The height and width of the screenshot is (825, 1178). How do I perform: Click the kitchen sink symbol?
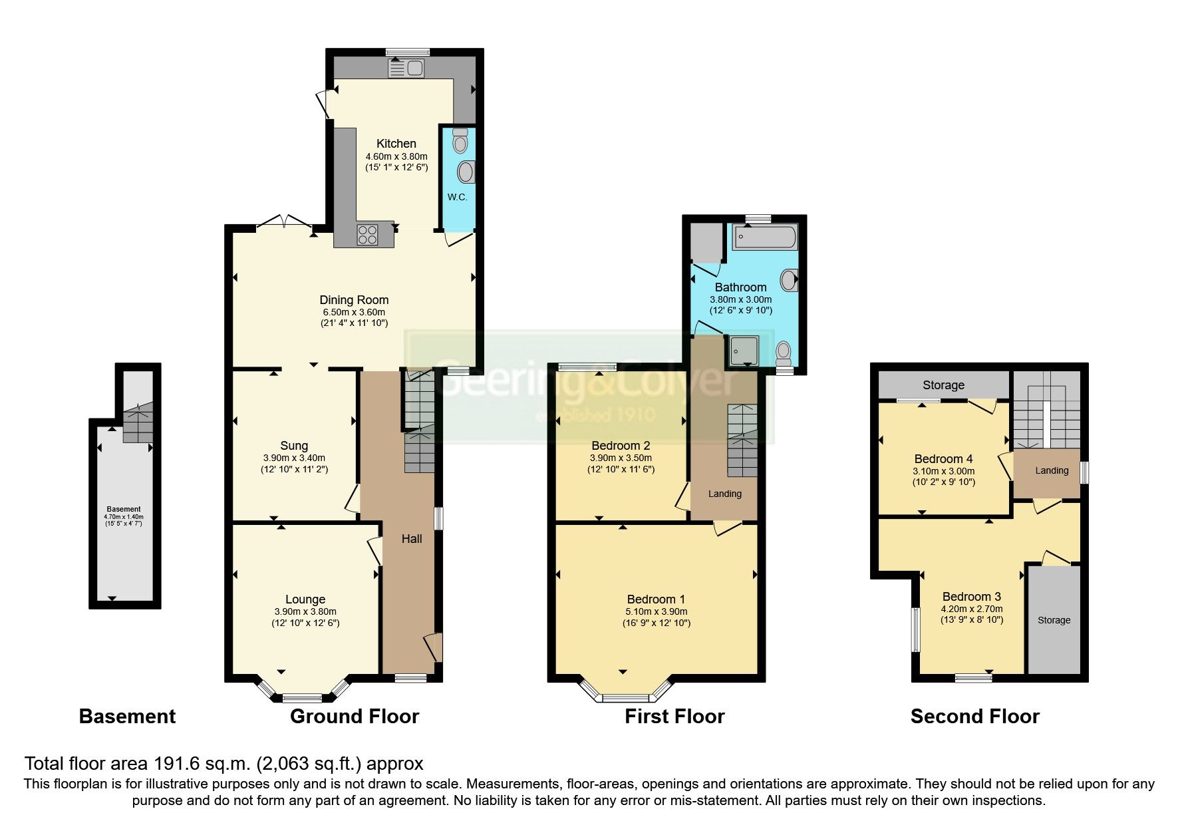click(x=407, y=68)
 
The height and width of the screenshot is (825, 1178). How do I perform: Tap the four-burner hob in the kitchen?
click(x=367, y=235)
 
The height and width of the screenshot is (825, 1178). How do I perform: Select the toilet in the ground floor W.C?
click(x=460, y=140)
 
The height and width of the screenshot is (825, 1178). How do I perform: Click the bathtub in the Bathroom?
click(x=765, y=238)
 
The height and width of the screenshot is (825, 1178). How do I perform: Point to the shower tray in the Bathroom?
click(x=744, y=351)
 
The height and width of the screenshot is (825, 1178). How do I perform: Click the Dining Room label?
click(x=354, y=300)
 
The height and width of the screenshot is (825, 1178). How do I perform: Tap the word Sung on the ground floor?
click(x=294, y=446)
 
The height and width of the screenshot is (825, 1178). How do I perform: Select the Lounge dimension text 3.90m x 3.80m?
click(x=305, y=611)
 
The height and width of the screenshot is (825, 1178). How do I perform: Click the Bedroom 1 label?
click(x=656, y=599)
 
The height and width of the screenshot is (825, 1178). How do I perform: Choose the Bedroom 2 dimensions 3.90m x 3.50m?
click(x=621, y=458)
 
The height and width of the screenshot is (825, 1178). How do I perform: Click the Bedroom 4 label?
click(x=943, y=459)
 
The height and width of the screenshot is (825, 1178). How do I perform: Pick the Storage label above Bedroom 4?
click(x=943, y=385)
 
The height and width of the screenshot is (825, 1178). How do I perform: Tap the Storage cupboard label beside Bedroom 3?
click(x=1054, y=620)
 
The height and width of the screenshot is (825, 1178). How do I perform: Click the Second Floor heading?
click(x=974, y=717)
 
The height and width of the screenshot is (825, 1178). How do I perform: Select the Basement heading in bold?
click(x=127, y=717)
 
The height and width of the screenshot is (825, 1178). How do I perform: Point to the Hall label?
click(x=412, y=539)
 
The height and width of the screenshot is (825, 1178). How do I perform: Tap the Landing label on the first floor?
click(x=724, y=494)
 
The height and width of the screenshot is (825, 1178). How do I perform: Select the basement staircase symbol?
click(x=138, y=422)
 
